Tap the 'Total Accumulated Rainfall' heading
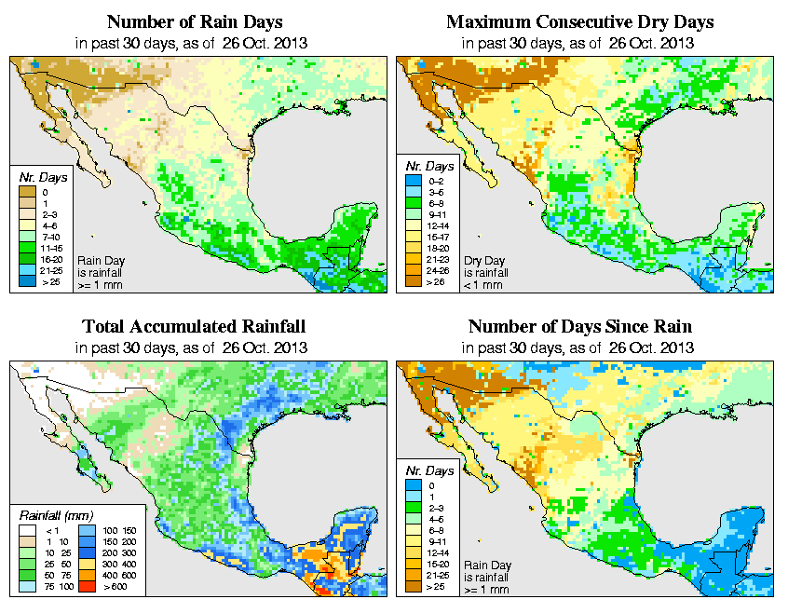coord(194,327)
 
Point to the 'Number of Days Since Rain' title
coord(579,327)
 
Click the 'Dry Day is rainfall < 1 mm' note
coord(477,271)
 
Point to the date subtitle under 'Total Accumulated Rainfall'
coord(194,347)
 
